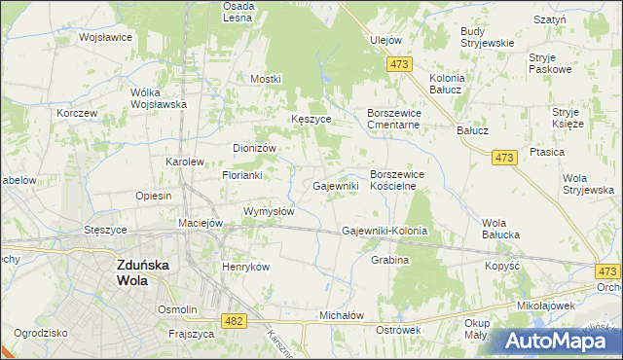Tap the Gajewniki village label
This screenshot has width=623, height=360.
pos(336,185)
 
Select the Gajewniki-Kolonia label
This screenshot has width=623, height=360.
pos(385,232)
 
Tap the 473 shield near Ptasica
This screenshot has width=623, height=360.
pos(503,158)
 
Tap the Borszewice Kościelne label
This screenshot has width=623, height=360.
pos(407,180)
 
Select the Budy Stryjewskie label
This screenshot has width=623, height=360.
pos(487,37)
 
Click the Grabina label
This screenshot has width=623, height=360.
pos(389,261)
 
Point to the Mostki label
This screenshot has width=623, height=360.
pos(266,79)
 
